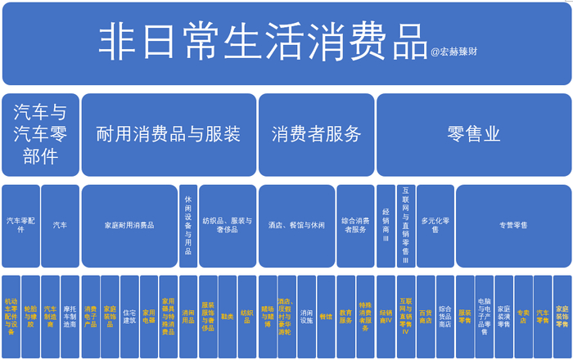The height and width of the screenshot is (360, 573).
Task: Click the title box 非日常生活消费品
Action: click(x=262, y=41)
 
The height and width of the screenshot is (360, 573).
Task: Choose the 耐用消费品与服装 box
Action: click(x=168, y=134)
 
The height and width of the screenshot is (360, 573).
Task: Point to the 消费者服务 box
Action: click(x=316, y=134)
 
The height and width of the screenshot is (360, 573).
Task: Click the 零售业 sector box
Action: click(x=474, y=134)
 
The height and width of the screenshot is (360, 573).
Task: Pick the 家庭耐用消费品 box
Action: click(x=129, y=225)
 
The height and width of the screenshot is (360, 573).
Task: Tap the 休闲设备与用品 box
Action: click(x=188, y=225)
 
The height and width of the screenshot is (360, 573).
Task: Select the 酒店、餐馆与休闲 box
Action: click(x=296, y=225)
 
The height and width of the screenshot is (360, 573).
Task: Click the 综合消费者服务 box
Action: click(x=355, y=225)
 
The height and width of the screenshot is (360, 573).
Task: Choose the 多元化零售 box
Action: click(x=435, y=225)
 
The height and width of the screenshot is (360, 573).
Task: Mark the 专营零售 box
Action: click(x=513, y=225)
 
